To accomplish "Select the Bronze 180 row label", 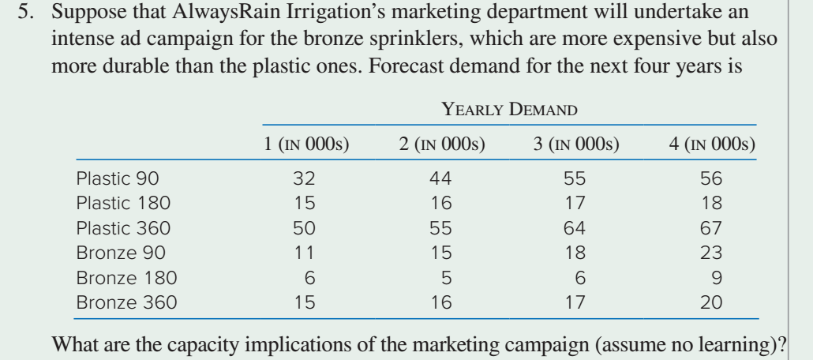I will coord(126,278).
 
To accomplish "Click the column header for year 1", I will coord(306,144).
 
